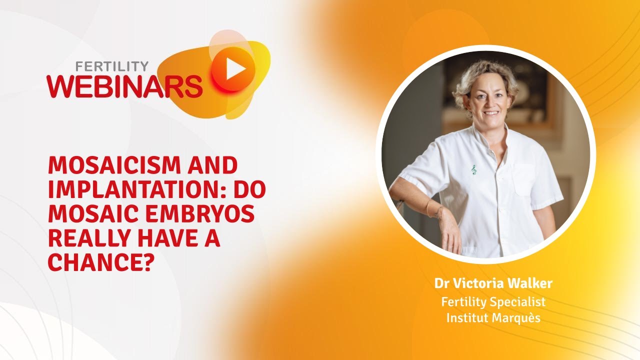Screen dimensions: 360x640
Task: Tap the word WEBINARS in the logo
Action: (125, 86)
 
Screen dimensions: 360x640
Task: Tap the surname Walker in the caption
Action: (530, 284)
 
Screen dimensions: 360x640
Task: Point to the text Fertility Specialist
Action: (493, 302)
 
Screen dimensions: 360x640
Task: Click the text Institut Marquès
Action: (493, 318)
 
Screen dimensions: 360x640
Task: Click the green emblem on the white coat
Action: (473, 170)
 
